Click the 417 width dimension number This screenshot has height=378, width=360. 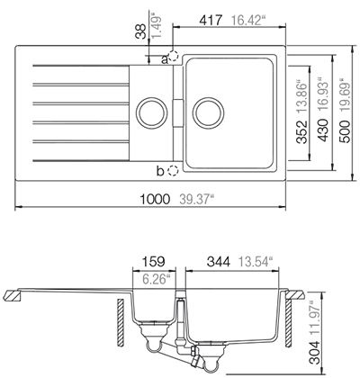coord(211,21)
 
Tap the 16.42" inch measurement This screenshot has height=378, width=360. coord(249,21)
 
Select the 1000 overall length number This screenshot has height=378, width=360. coord(155,199)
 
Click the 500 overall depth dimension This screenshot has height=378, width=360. coord(345,131)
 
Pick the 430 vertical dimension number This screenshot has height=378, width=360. coord(323,130)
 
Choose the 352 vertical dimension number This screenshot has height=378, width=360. coord(302,132)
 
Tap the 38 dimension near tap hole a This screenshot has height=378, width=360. coord(140,31)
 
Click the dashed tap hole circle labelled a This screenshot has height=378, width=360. coord(173,56)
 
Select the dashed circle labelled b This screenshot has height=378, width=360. coord(173,171)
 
